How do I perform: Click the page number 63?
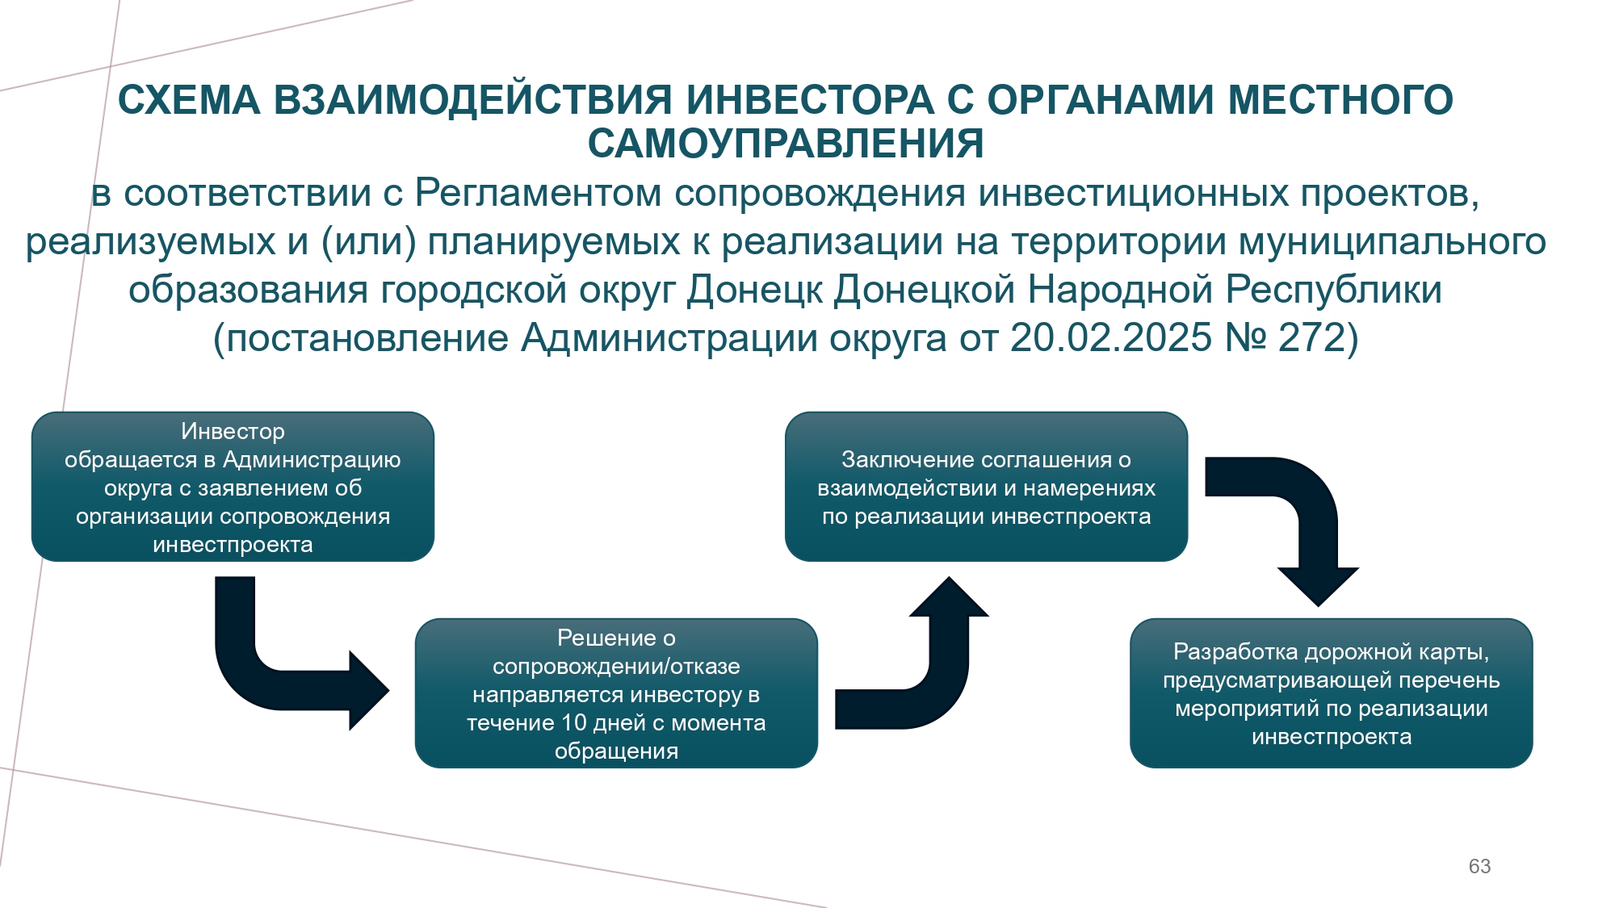[x=1479, y=866]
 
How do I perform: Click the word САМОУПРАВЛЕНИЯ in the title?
[x=786, y=144]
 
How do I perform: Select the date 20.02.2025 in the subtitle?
[x=1111, y=337]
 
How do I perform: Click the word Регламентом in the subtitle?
[x=538, y=193]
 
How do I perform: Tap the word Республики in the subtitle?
[x=1334, y=290]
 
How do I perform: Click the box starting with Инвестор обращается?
[x=233, y=487]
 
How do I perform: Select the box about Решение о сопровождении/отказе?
[x=616, y=693]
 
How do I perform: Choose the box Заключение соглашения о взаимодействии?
[x=986, y=487]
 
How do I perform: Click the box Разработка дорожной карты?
[x=1331, y=693]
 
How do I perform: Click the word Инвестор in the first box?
[x=233, y=432]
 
